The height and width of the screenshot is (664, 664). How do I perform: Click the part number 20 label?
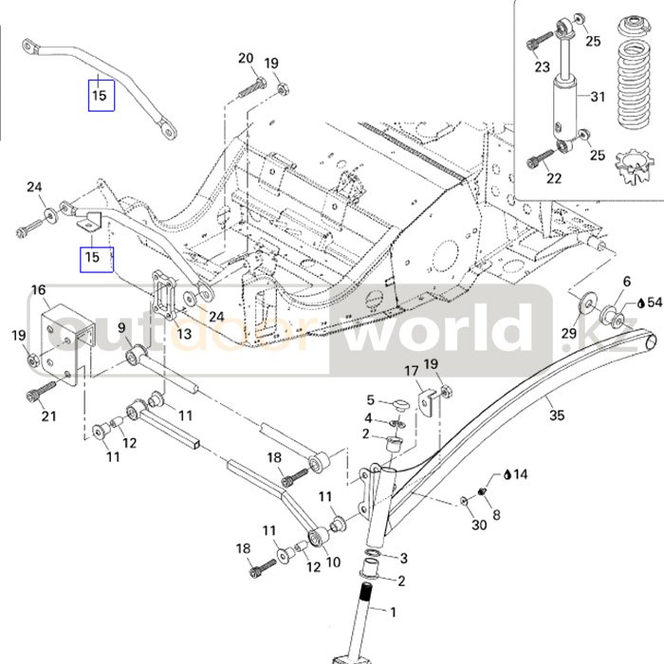coord(247,59)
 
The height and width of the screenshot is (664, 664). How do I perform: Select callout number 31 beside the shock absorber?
coord(598,97)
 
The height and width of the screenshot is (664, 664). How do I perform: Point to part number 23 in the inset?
coord(542,66)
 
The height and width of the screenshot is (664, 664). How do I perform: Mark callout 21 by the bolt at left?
coord(48,416)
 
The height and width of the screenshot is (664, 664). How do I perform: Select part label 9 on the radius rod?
coord(122,328)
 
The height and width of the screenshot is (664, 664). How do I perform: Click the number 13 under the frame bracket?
coord(184,334)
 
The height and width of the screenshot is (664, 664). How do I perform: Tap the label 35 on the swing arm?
coord(557,415)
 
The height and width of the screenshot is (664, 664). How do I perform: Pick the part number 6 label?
coord(626,282)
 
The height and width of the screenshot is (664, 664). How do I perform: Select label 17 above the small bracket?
coord(412,370)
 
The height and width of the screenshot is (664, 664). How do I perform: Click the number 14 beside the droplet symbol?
coord(522,473)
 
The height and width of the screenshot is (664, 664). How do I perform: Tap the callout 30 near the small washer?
coord(479,525)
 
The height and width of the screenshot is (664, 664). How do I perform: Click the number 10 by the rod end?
coord(333,562)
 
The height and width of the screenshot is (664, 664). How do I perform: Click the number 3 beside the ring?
coord(403,558)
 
